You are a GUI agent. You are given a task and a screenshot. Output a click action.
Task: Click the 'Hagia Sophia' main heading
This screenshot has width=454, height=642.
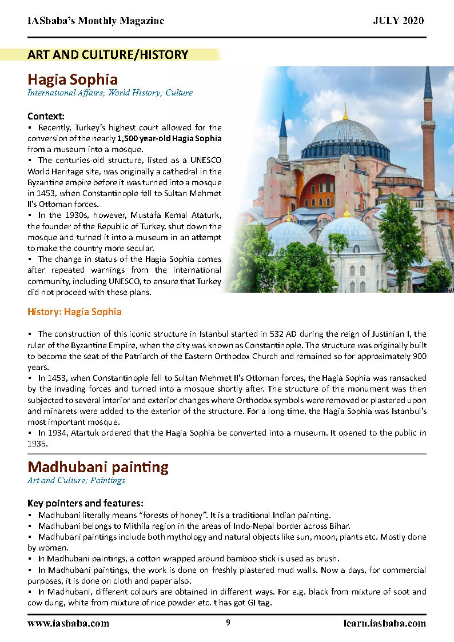(x=73, y=79)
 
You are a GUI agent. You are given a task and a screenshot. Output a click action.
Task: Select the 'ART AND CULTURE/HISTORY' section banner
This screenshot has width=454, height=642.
(x=108, y=55)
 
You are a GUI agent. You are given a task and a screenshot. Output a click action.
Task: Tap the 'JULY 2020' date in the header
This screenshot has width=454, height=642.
(x=399, y=21)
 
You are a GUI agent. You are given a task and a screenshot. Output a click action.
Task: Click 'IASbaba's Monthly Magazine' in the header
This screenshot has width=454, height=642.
(x=95, y=21)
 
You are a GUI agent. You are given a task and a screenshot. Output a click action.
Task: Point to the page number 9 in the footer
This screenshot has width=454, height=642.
(x=228, y=623)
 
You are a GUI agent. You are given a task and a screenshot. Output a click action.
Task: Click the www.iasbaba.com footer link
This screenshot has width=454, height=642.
(x=68, y=623)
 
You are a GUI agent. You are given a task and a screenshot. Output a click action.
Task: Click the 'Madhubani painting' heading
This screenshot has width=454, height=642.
(x=98, y=467)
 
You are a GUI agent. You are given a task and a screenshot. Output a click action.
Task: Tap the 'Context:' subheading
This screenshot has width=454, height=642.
(x=46, y=116)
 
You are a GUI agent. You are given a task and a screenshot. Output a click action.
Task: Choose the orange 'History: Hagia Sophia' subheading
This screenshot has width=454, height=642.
(x=74, y=312)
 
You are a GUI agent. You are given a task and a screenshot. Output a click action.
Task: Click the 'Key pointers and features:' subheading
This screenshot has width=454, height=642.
(x=85, y=503)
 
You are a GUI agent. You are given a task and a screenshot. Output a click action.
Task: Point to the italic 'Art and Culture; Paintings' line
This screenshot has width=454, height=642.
(x=76, y=480)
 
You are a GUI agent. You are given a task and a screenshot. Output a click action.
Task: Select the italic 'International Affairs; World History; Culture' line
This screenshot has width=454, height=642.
(x=110, y=93)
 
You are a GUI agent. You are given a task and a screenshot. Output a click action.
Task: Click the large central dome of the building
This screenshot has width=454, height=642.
(x=345, y=133)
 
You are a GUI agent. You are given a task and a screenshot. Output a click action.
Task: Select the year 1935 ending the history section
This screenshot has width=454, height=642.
(x=37, y=443)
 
